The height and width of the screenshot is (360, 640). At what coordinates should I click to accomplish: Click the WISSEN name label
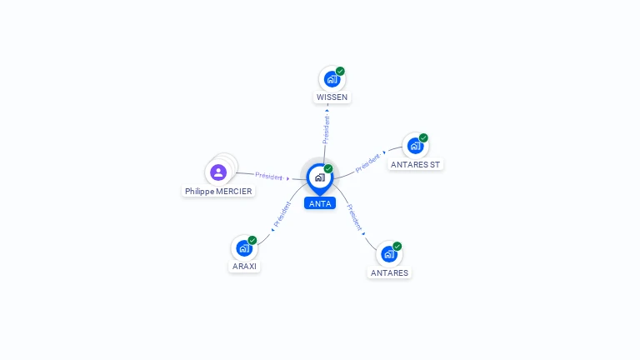332,97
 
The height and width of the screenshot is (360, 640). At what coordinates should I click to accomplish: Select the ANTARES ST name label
415,164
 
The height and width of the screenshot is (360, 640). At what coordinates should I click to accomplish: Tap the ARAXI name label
244,266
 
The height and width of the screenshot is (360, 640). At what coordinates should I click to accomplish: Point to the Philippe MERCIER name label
218,191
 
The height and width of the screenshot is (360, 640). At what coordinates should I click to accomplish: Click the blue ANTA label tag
320,203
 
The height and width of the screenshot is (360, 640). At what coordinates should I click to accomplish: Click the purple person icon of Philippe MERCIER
218,172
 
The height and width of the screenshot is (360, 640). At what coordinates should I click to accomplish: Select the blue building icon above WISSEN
332,79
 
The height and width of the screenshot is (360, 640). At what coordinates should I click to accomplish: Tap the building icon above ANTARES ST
415,146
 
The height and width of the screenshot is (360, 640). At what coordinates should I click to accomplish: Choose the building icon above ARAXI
244,248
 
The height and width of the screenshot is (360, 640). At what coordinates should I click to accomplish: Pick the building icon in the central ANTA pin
320,177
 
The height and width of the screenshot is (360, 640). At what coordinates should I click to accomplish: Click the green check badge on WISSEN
340,71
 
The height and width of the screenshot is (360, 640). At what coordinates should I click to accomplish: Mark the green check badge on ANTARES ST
423,138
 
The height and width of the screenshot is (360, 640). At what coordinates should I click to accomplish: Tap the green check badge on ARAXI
252,240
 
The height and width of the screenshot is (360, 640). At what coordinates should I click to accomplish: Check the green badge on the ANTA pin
328,168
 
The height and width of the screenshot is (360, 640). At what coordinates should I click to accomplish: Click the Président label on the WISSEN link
326,130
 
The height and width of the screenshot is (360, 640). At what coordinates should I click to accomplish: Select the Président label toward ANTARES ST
367,162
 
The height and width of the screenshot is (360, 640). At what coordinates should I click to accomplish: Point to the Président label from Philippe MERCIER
269,176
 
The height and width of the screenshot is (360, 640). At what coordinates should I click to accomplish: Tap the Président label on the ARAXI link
282,214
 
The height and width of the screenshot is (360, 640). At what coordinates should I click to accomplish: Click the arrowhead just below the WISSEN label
327,110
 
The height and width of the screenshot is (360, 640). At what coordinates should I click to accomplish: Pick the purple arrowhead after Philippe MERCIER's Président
287,179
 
